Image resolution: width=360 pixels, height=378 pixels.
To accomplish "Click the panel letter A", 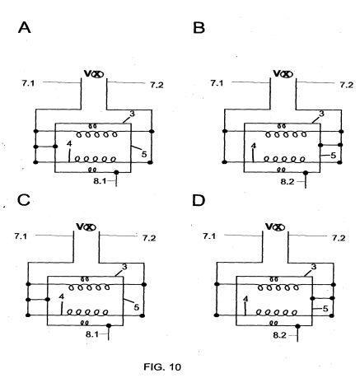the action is pos(25,28).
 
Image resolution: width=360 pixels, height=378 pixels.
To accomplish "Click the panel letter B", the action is pos(199,28).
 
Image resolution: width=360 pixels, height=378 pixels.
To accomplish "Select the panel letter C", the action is pos(24,200).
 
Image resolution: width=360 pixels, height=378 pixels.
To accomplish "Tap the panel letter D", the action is pos(199,200).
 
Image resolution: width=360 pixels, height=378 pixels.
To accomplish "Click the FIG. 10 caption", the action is pos(162,366).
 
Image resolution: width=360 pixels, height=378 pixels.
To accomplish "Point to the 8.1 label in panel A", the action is pos(101,181).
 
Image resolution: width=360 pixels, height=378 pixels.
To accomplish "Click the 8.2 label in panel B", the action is pos(288,182).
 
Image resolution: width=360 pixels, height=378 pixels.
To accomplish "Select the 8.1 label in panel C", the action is pos(92,334).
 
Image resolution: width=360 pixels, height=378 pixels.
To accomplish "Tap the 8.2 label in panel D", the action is pos(280,335).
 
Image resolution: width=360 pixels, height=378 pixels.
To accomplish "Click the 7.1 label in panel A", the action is pos(28,83).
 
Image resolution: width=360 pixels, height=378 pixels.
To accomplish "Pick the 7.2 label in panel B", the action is pos(347,85).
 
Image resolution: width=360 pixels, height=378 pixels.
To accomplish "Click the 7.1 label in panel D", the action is pos(209,236).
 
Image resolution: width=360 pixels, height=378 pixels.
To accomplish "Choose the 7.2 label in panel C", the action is pos(149,238).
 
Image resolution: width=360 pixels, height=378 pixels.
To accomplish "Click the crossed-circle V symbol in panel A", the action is pos(94,73).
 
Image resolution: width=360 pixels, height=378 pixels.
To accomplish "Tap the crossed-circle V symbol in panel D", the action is pos(275,226).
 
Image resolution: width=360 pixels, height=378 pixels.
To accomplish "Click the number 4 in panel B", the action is pos(254,146).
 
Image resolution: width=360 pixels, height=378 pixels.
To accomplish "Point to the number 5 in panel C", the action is pos(137,307).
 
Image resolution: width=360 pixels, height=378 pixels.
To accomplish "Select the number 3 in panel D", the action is pos(314,267).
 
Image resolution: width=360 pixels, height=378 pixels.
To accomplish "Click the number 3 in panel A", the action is pos(133,114).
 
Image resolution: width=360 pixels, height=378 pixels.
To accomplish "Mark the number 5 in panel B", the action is pos(333,156).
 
